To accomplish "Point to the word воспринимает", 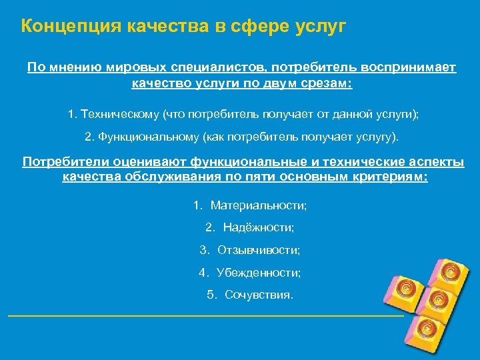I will click(409, 69).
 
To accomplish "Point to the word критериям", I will click(387, 177).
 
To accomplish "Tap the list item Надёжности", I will click(259, 228).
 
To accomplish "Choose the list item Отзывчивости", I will click(259, 250).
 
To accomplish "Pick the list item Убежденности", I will click(259, 272).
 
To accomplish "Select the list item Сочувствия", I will click(259, 294).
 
